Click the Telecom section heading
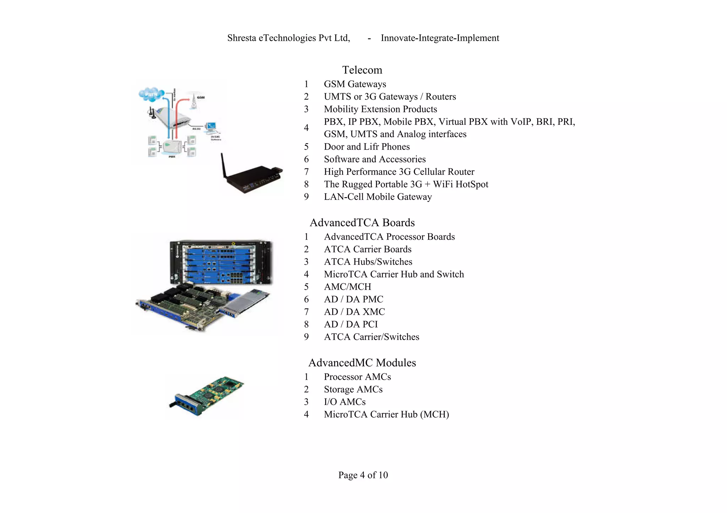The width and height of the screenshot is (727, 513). tap(362, 70)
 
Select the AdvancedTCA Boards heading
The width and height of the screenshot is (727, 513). tap(362, 223)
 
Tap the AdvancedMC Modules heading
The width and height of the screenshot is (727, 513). tap(362, 363)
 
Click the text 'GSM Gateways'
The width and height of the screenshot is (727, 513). tap(355, 84)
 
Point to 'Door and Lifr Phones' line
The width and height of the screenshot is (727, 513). tap(367, 147)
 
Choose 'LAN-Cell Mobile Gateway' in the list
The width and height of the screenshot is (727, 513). tap(378, 197)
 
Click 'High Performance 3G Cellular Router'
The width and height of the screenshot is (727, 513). tap(399, 172)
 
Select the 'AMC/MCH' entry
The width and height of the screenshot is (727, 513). tap(348, 287)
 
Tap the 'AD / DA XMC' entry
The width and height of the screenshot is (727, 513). tap(354, 312)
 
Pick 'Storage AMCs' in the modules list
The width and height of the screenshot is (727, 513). tap(353, 389)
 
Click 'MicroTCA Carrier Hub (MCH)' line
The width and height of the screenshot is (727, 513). tap(386, 414)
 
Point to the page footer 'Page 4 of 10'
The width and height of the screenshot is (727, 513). tap(363, 475)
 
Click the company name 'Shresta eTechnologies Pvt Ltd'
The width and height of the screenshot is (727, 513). tap(289, 38)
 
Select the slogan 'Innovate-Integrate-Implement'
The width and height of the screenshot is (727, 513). tap(440, 38)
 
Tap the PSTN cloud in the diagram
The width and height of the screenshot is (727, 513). tap(151, 94)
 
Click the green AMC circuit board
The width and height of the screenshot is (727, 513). tap(208, 395)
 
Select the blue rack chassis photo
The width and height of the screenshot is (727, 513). tap(221, 262)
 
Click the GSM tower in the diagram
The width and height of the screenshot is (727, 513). tap(194, 101)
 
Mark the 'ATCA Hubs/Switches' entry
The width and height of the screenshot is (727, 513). tap(368, 262)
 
